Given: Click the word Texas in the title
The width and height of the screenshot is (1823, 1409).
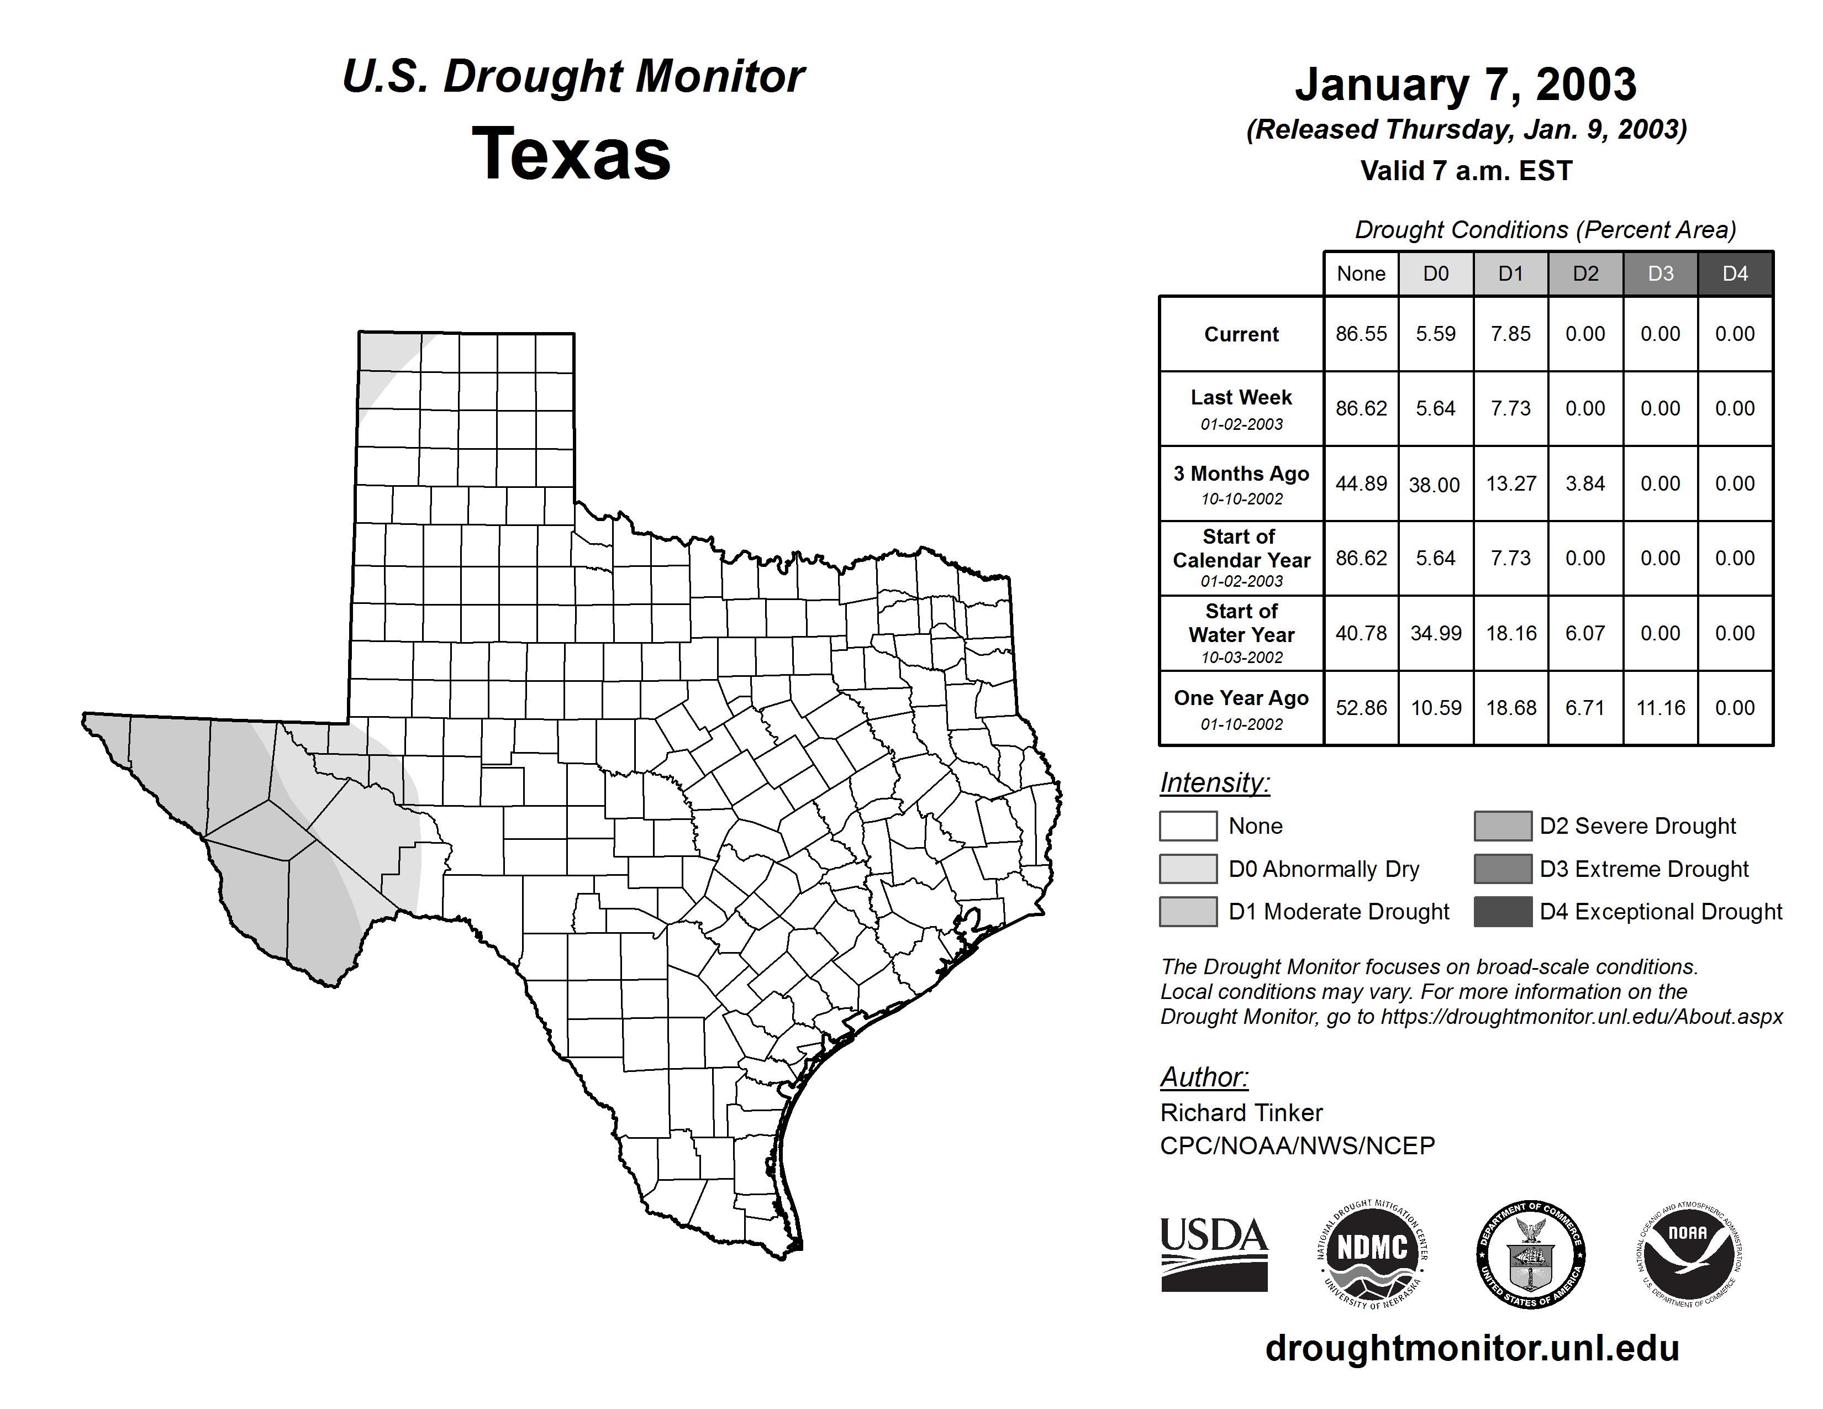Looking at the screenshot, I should [x=571, y=154].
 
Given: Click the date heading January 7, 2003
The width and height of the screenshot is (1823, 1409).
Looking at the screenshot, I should [x=1465, y=85].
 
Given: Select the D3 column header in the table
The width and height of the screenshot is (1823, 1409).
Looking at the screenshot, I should [x=1660, y=274].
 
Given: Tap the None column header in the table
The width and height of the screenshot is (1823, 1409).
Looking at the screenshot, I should [x=1361, y=274].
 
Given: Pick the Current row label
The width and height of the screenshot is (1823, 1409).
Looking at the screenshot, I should [x=1241, y=334].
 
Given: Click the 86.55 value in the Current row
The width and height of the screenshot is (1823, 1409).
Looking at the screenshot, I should [x=1361, y=334].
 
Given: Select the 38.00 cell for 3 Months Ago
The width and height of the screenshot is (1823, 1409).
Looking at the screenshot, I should [x=1435, y=484].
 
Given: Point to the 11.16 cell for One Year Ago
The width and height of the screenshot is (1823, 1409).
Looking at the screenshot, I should [x=1660, y=708].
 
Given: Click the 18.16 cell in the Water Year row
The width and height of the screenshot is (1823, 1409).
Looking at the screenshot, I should [x=1511, y=634].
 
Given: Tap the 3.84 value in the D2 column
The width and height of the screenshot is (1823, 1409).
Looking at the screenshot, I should [x=1585, y=483].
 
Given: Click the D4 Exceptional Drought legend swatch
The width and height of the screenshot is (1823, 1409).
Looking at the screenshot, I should [x=1503, y=912].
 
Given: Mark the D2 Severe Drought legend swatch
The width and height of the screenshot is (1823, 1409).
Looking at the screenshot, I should [x=1503, y=826].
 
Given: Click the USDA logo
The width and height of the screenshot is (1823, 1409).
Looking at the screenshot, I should [x=1214, y=1254].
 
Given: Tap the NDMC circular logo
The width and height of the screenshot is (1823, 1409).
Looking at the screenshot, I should [x=1372, y=1254].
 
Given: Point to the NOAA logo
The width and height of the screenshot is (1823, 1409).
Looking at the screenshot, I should [x=1688, y=1254].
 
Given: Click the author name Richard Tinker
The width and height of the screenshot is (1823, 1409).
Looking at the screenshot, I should [x=1241, y=1113].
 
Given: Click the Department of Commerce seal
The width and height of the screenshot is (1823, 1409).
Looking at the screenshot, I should [x=1531, y=1254].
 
